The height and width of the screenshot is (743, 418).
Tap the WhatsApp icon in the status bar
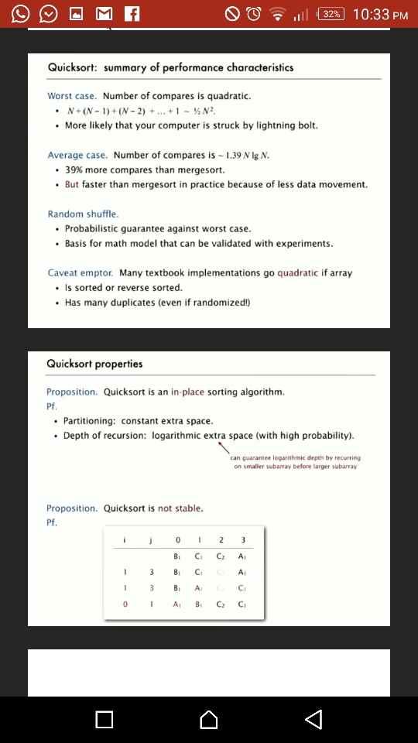21,14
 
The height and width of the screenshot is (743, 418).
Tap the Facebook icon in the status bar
131,14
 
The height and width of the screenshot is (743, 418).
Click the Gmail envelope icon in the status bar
104,14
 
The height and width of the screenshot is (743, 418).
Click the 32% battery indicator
331,14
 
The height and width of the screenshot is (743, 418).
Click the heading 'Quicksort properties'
94,364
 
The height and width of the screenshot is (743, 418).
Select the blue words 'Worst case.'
72,96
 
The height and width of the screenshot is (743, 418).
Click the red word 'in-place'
187,392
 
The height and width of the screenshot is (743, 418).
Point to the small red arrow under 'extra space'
223,448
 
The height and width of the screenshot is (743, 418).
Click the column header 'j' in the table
152,539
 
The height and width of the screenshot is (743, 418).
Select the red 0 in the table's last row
125,604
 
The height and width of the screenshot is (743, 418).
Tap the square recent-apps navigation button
104,720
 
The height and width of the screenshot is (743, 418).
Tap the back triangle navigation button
313,720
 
